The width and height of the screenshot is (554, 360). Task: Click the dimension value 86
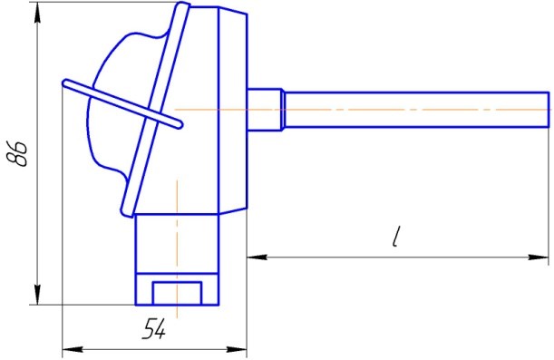pyautogui.click(x=17, y=153)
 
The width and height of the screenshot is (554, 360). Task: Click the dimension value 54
pyautogui.click(x=154, y=328)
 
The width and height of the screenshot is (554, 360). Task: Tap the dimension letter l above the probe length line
pyautogui.click(x=397, y=237)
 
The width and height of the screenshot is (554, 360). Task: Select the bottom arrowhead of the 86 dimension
pyautogui.click(x=38, y=294)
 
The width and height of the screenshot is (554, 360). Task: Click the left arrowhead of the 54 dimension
pyautogui.click(x=73, y=349)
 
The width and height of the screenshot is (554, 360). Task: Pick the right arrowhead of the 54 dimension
pyautogui.click(x=237, y=349)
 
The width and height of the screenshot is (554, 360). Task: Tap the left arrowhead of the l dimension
pyautogui.click(x=258, y=257)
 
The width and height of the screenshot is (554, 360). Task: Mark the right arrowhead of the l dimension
pyautogui.click(x=539, y=257)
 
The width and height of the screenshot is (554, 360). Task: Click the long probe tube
pyautogui.click(x=417, y=110)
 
